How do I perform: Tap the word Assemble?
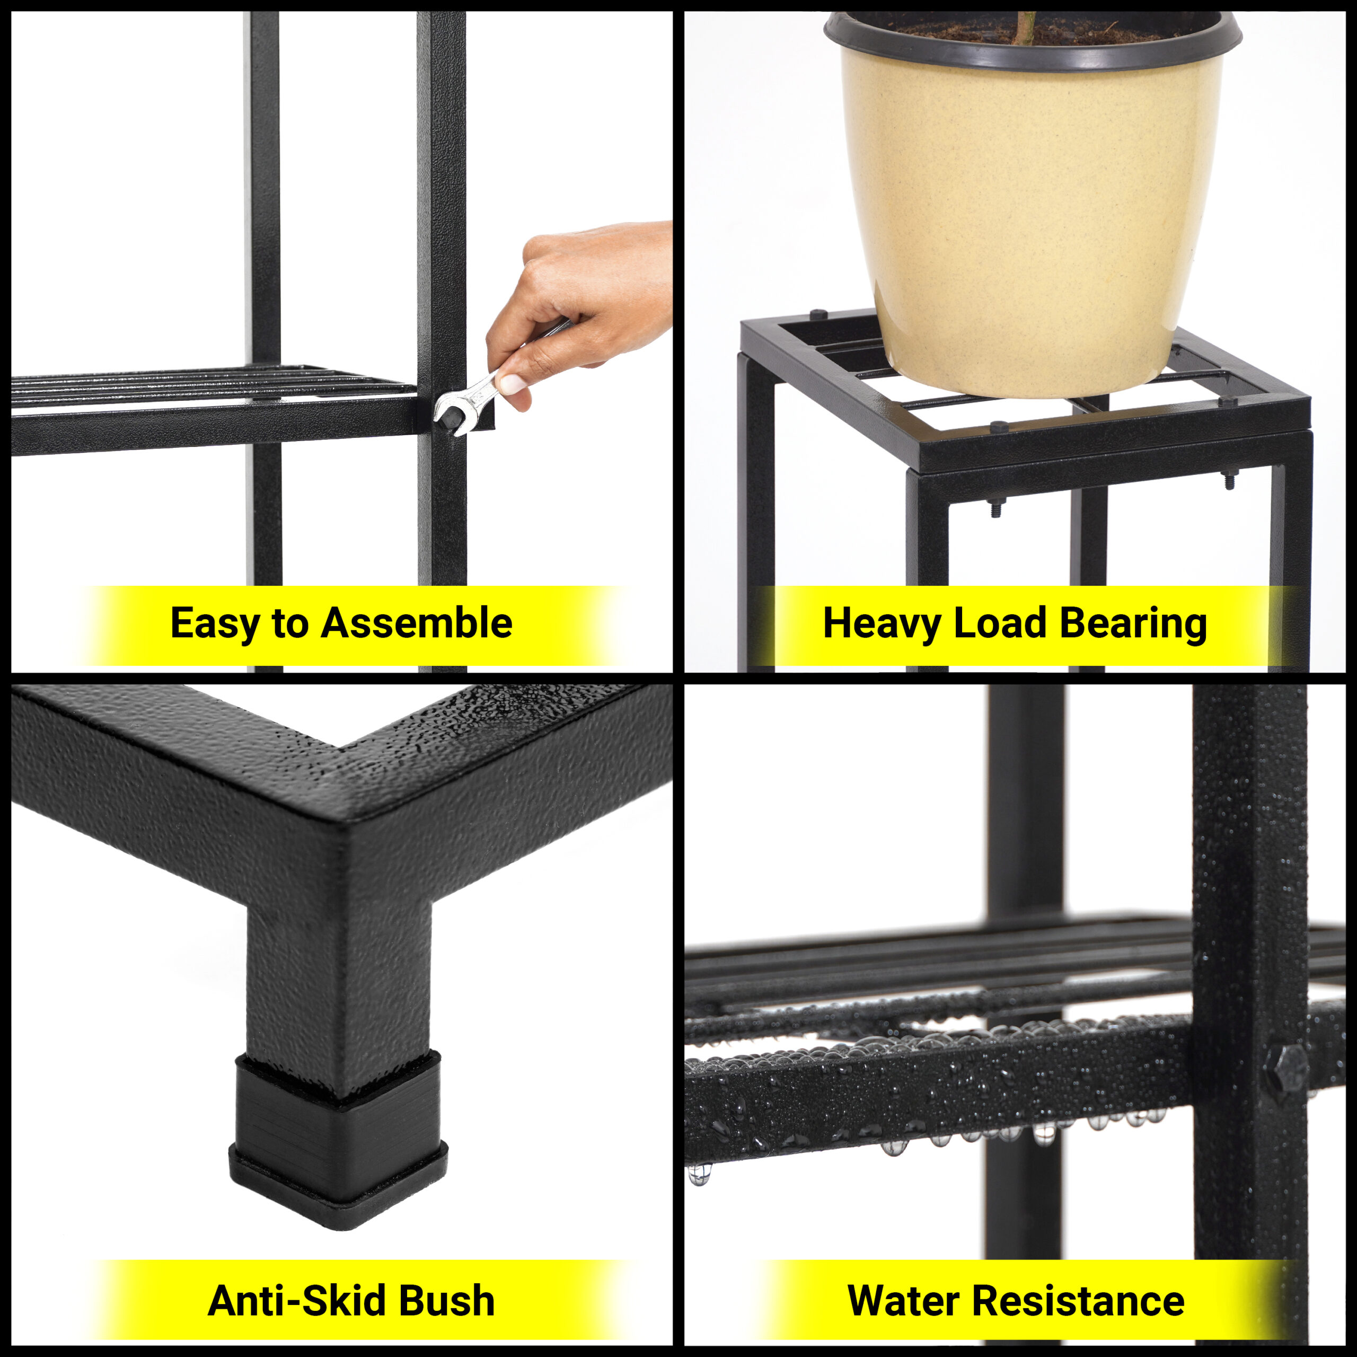(417, 622)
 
